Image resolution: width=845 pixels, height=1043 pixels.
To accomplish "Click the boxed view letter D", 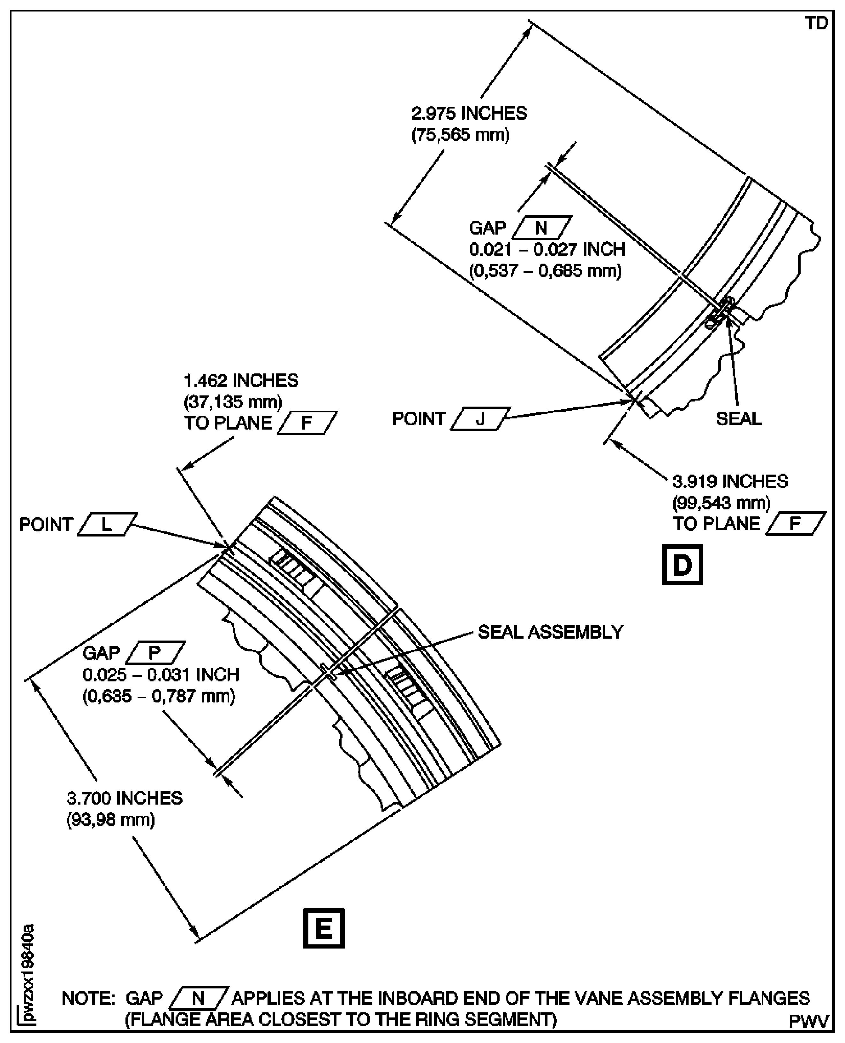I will click(x=682, y=565).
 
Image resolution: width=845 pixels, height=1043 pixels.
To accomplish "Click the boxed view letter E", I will click(x=324, y=928).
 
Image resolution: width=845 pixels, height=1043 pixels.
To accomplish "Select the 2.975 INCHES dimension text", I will click(x=469, y=113).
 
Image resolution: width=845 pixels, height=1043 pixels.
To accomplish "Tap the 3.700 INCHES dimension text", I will click(x=124, y=799).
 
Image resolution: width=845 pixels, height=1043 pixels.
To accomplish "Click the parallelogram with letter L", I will click(x=107, y=524).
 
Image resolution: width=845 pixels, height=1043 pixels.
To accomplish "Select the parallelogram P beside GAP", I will click(x=155, y=653).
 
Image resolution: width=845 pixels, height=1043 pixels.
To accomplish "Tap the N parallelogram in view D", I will click(x=541, y=227).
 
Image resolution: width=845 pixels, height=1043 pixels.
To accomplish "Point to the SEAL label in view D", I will click(x=738, y=418).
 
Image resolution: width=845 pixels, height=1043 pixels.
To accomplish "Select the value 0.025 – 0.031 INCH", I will click(x=161, y=675).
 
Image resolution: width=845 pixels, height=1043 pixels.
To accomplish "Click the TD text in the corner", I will click(x=816, y=23).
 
